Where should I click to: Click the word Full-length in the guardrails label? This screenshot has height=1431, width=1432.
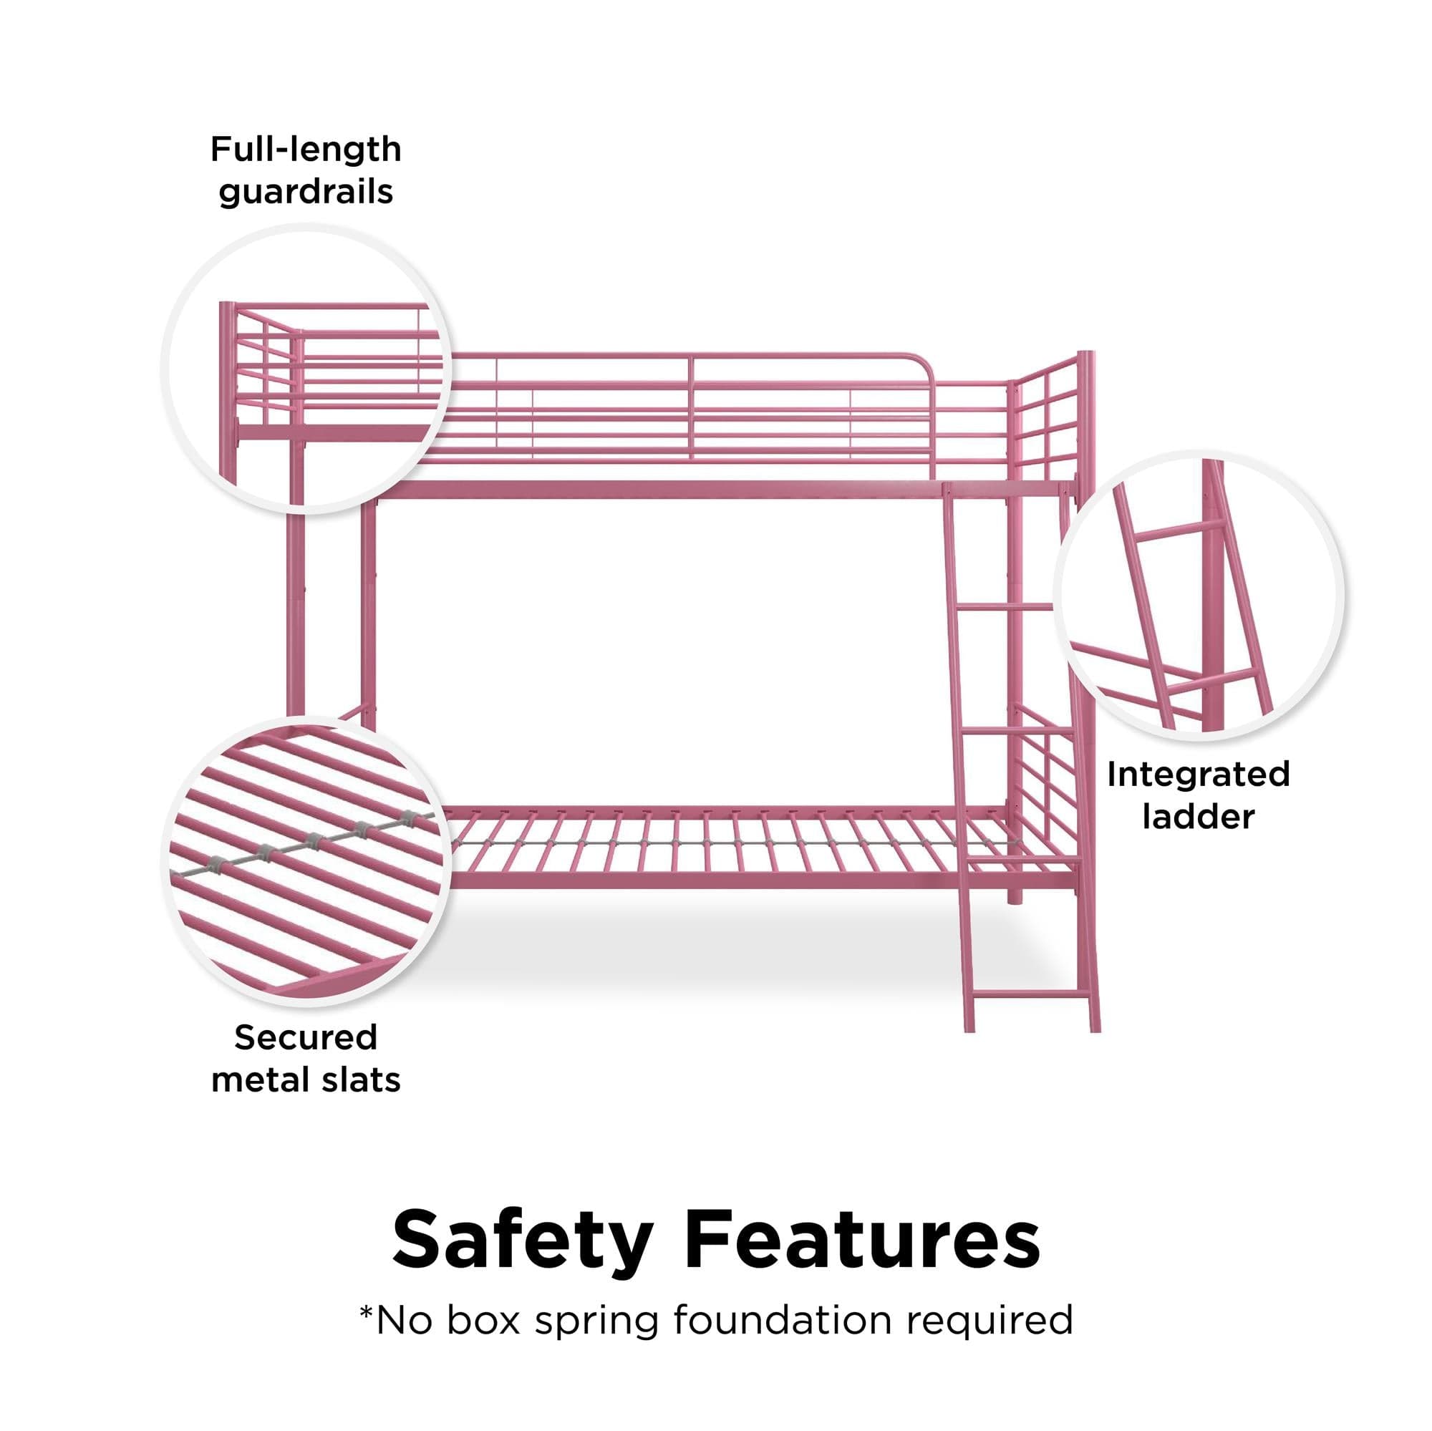[306, 150]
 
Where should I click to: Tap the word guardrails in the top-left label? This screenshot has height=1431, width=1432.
[306, 192]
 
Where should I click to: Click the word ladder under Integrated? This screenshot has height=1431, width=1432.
[1199, 817]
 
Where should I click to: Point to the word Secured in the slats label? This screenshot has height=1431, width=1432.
[306, 1037]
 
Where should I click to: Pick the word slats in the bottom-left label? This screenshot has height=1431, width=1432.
[361, 1080]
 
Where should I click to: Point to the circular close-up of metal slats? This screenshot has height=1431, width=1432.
[306, 863]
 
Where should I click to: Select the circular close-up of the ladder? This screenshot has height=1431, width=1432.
[1199, 595]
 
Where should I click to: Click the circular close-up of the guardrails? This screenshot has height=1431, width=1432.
[306, 369]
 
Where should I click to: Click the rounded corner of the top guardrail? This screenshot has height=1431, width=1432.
[923, 362]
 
